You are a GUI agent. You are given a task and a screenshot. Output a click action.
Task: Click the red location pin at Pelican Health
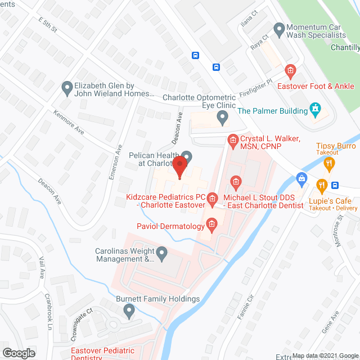pos(179,168)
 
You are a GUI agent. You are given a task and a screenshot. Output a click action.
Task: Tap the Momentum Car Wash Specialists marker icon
pos(278,28)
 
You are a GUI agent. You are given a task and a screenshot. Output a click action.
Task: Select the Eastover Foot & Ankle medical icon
pos(290,71)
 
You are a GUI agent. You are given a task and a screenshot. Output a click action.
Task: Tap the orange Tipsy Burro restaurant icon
pos(330,164)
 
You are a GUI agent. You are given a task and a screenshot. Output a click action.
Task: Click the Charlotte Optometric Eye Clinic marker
pos(223,118)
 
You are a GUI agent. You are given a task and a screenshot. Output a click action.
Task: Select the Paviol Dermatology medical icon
pos(211,226)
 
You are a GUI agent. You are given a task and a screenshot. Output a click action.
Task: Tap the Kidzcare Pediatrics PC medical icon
pos(212,197)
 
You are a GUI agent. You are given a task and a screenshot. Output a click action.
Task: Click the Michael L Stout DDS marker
pos(236,181)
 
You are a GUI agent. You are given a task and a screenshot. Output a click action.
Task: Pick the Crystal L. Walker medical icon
pos(232,138)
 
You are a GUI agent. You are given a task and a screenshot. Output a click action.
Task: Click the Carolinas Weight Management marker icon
pos(162,254)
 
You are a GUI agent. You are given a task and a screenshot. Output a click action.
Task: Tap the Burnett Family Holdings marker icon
pos(130,310)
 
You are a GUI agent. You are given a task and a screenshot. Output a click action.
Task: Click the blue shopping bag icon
pos(301,179)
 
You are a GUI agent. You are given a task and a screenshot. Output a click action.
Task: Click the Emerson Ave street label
pos(115,162)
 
